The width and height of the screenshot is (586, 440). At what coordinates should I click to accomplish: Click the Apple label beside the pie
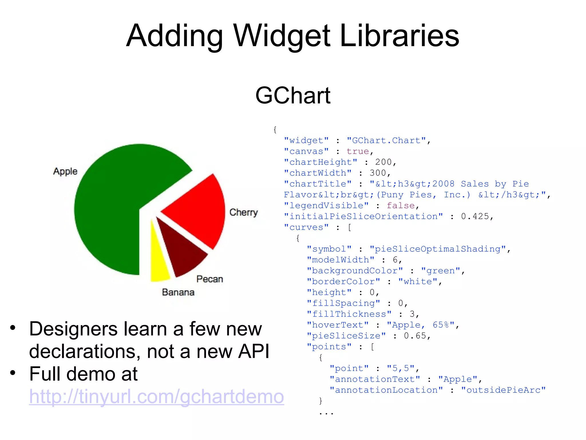click(x=65, y=171)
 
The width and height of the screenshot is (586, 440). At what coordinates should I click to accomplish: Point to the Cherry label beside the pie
click(x=243, y=212)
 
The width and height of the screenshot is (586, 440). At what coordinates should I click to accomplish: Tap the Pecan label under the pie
click(x=210, y=279)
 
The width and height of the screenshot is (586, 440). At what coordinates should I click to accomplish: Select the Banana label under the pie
click(x=178, y=292)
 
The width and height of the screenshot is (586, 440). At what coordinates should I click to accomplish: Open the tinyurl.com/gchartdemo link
click(x=157, y=396)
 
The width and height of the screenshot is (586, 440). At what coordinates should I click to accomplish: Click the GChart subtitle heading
click(x=293, y=95)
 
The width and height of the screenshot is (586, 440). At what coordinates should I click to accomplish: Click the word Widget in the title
click(x=282, y=36)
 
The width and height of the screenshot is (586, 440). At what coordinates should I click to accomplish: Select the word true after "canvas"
click(x=358, y=151)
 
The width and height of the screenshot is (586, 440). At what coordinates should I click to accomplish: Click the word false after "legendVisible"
click(x=401, y=205)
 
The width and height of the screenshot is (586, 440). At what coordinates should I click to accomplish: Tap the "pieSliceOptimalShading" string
click(x=438, y=249)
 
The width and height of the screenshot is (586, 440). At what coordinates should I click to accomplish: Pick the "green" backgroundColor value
click(x=441, y=271)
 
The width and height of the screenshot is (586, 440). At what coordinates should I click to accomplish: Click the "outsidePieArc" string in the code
click(x=504, y=390)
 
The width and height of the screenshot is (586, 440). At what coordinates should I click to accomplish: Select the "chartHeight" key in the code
click(x=320, y=162)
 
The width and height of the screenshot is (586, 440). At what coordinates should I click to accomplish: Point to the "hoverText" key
click(x=338, y=325)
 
